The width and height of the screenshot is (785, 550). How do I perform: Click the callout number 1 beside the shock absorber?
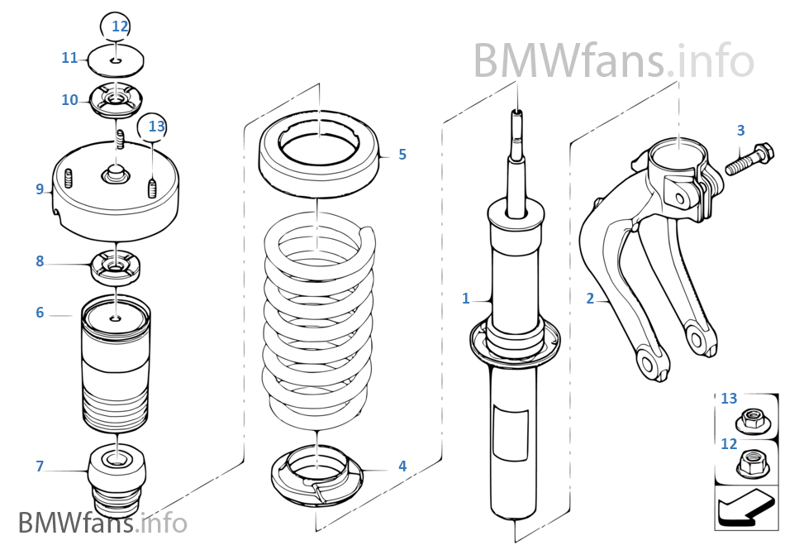[466, 298]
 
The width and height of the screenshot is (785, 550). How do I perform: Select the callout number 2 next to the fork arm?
[590, 299]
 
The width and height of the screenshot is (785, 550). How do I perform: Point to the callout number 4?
[402, 466]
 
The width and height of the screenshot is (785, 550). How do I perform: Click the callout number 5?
[402, 155]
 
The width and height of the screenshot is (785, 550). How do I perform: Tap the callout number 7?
[39, 466]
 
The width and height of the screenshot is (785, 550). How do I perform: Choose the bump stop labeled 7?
[117, 480]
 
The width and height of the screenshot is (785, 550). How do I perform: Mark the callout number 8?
[39, 261]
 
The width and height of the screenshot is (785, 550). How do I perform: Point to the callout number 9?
[39, 189]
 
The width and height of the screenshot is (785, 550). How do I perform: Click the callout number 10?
[69, 100]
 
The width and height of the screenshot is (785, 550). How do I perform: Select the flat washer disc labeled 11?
[116, 60]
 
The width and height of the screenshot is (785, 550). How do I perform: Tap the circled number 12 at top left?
[121, 26]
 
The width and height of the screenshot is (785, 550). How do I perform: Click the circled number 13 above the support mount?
[157, 127]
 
